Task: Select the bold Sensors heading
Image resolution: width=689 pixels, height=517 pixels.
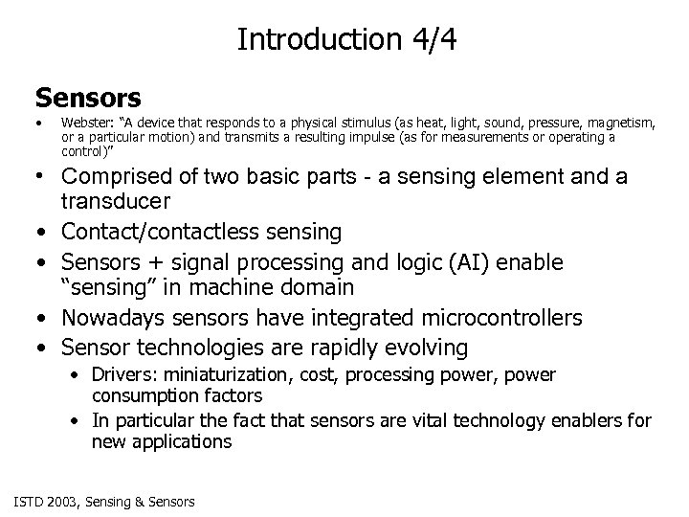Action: [x=88, y=98]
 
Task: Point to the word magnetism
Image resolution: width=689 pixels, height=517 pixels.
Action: [x=623, y=123]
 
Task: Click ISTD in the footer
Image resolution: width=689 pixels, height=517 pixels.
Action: [x=29, y=501]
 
